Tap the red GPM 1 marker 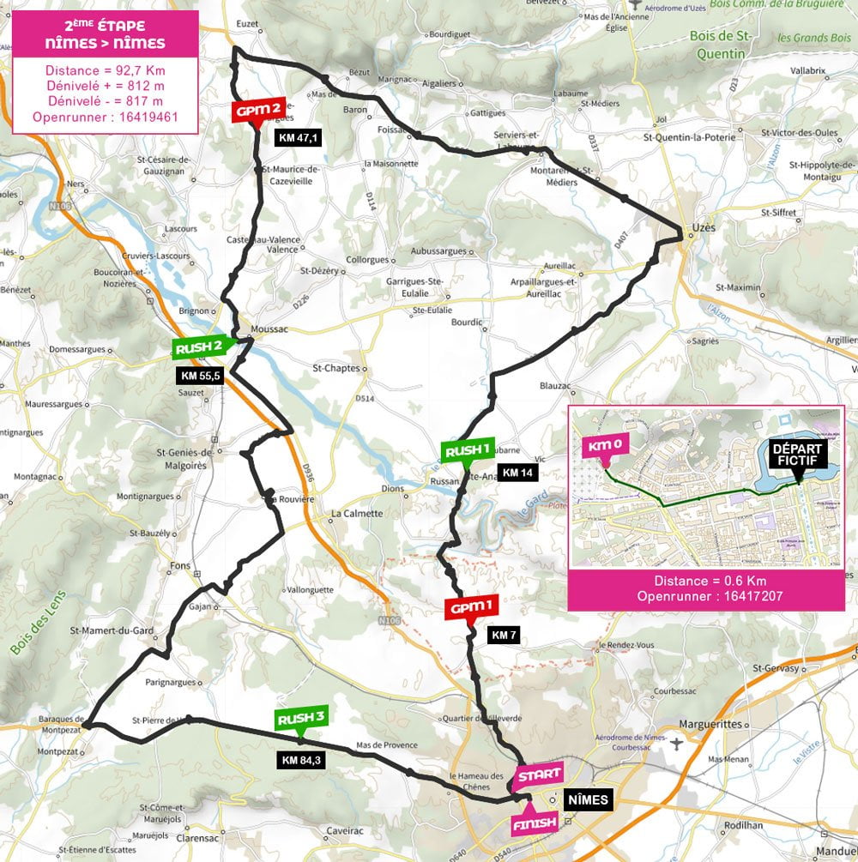pos(470,608)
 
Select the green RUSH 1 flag pos(468,451)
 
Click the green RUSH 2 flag pos(200,347)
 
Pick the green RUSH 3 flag pos(300,720)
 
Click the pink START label pos(538,775)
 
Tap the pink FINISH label pos(535,823)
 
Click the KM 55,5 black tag pos(201,376)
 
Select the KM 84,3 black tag pos(301,758)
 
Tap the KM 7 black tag pos(503,635)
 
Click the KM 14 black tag pos(522,472)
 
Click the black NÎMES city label pos(588,801)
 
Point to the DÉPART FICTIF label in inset pos(798,455)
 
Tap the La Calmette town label pos(356,515)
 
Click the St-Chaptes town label pos(335,370)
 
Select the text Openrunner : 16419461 pos(105,117)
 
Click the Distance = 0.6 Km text pos(705,580)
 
